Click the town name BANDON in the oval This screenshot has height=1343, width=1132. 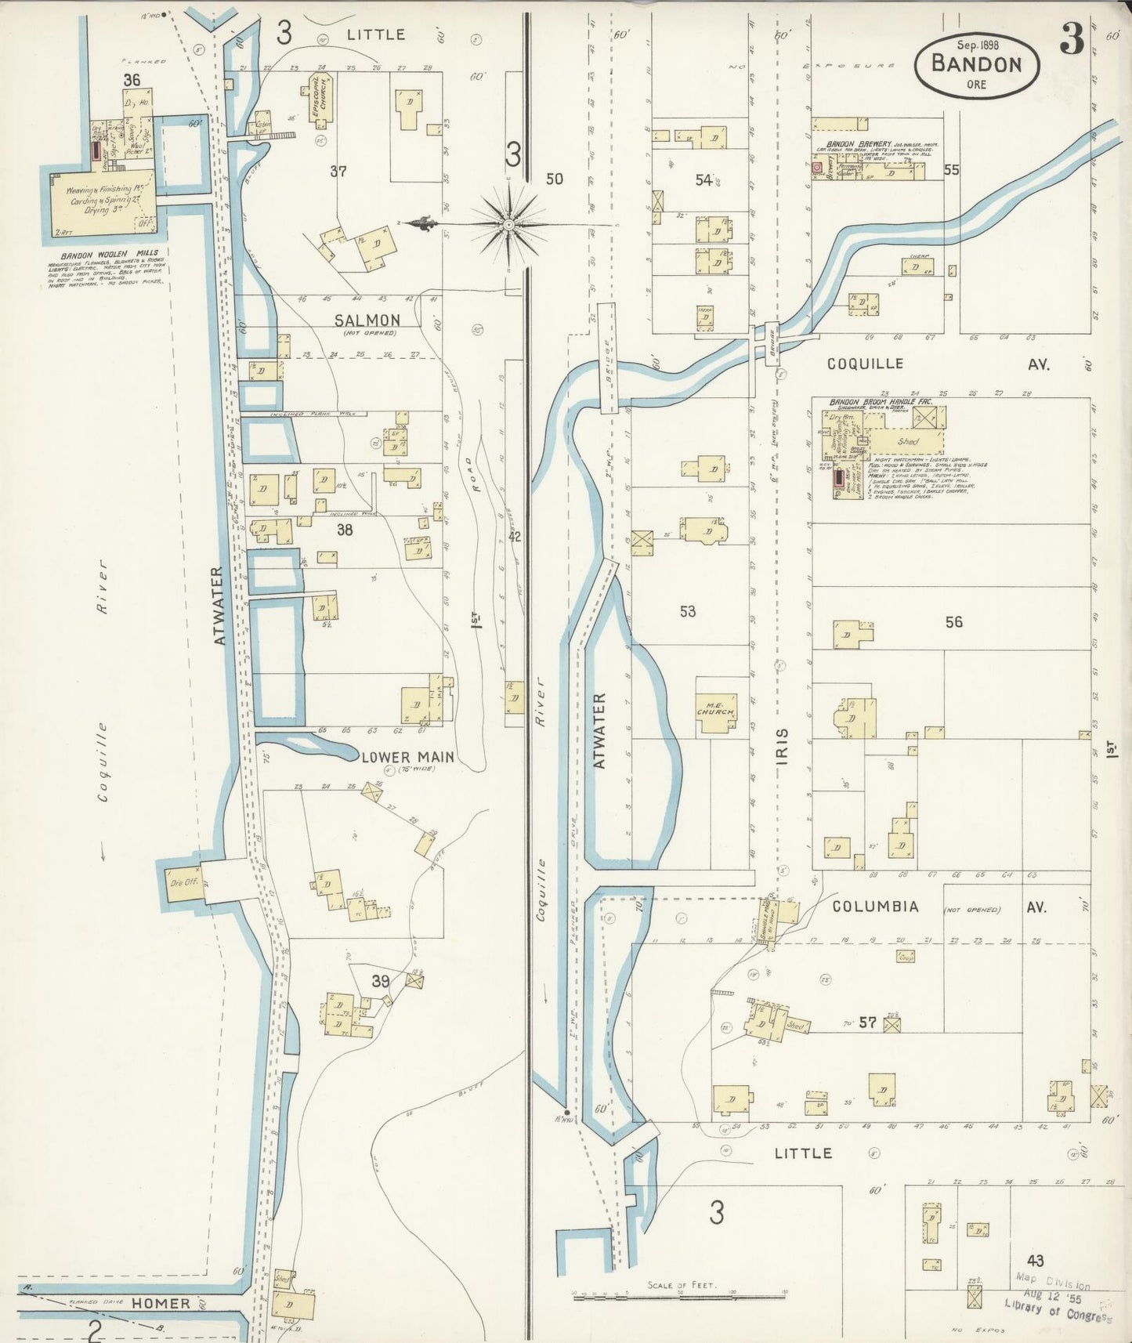pyautogui.click(x=976, y=63)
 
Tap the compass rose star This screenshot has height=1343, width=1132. pyautogui.click(x=510, y=224)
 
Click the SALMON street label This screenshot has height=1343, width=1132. pyautogui.click(x=367, y=320)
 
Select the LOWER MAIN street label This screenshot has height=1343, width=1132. pyautogui.click(x=407, y=757)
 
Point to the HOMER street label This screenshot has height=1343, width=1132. pyautogui.click(x=161, y=1303)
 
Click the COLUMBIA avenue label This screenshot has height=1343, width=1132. pyautogui.click(x=875, y=906)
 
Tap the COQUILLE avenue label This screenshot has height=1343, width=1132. pyautogui.click(x=866, y=364)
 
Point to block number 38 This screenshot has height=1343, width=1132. pyautogui.click(x=344, y=530)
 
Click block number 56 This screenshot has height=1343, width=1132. pyautogui.click(x=953, y=622)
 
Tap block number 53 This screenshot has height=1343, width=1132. pyautogui.click(x=687, y=611)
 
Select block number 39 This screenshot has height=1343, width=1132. pyautogui.click(x=381, y=981)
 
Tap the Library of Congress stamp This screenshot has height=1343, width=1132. pyautogui.click(x=1058, y=1300)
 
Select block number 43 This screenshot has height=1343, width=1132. pyautogui.click(x=1036, y=1261)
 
